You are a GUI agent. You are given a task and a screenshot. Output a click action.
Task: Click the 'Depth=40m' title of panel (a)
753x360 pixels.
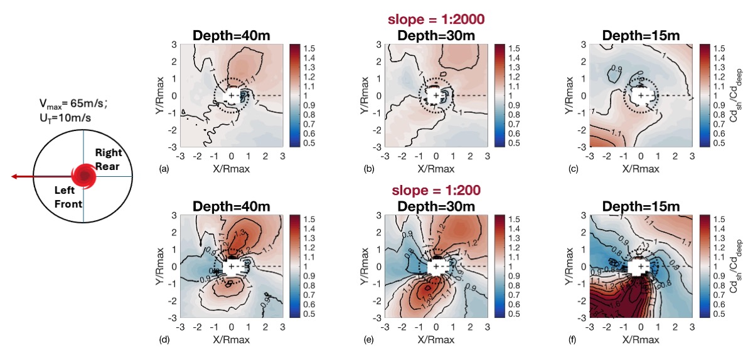tap(232, 35)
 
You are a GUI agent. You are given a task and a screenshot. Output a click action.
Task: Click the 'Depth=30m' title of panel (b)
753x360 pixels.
tap(435, 35)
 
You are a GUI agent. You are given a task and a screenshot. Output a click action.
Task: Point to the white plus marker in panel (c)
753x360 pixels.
tap(640, 95)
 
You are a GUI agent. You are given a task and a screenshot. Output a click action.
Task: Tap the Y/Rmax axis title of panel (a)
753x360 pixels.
tap(160, 95)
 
